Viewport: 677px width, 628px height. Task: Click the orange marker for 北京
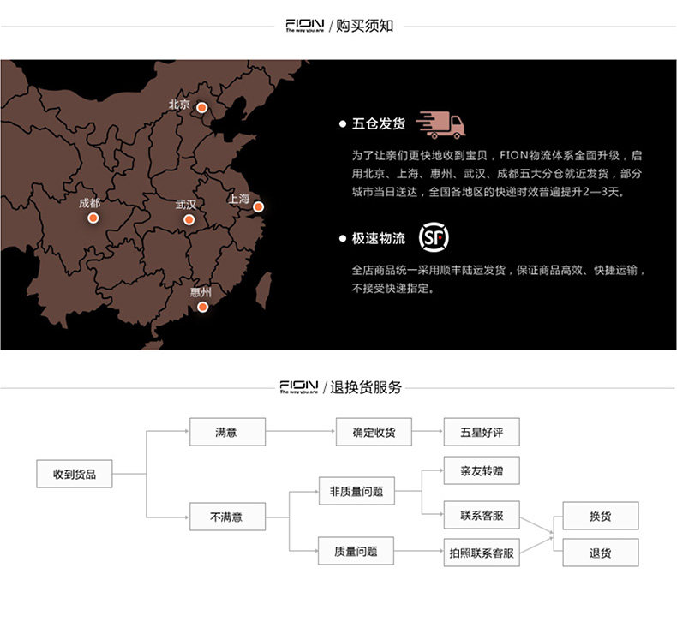tap(201, 108)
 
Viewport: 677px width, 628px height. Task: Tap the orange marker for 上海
tap(258, 206)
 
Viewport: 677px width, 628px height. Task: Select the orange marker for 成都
tap(93, 218)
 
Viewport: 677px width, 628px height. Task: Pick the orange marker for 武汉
tap(189, 219)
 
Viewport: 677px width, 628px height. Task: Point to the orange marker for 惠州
tap(202, 306)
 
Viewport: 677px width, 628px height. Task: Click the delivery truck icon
tap(441, 125)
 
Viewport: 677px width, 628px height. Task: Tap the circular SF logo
tap(434, 237)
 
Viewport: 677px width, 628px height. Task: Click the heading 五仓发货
tap(378, 123)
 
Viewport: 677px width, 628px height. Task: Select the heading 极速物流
tap(378, 238)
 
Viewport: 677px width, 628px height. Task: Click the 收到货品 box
tap(75, 474)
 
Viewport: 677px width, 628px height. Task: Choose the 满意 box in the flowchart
tap(226, 432)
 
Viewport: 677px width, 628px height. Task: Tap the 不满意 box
tap(226, 517)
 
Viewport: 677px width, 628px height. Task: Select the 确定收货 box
tap(374, 432)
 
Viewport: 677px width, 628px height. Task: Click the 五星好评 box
tap(481, 432)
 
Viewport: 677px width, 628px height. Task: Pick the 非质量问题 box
tap(356, 492)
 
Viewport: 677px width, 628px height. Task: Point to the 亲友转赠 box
tap(481, 470)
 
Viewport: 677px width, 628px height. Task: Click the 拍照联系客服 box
tap(481, 553)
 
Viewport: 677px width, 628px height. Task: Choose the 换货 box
tap(600, 516)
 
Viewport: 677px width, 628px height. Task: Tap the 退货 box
tap(600, 553)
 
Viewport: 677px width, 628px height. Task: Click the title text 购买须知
tap(364, 26)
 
